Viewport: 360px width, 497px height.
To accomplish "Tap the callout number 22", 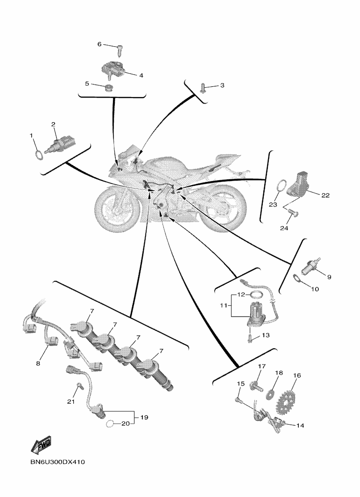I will coord(325,196).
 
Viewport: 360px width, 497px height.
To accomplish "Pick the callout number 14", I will coord(300,425).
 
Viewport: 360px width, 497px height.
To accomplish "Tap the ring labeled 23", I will coord(280,185).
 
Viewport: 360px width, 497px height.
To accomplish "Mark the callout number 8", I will coord(38,363).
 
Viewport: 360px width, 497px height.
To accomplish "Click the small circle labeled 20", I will coord(109,424).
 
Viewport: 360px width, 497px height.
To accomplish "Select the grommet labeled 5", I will coord(109,88).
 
